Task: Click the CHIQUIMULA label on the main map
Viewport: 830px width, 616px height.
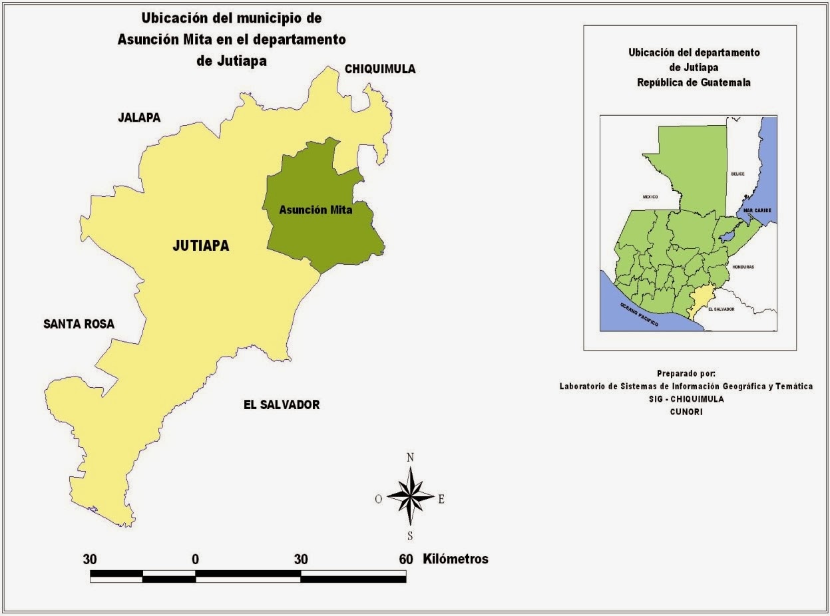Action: (379, 69)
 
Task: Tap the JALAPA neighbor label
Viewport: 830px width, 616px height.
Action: (139, 118)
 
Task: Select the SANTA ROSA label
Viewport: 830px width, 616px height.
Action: (79, 325)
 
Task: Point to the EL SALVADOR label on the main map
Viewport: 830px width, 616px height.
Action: (282, 404)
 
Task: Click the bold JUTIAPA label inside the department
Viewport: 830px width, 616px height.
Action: (200, 246)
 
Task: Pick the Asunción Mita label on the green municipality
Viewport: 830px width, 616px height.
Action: (315, 210)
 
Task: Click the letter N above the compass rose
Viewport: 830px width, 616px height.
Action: (410, 457)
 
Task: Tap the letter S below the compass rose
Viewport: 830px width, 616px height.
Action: (410, 536)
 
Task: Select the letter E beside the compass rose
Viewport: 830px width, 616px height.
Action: (441, 500)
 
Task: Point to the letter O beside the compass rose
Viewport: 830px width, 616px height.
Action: (378, 500)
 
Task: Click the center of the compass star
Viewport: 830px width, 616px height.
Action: (410, 497)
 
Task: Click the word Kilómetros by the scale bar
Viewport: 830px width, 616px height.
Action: (455, 559)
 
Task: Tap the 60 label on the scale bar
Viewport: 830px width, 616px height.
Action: (406, 559)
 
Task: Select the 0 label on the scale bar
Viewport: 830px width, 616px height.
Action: (195, 559)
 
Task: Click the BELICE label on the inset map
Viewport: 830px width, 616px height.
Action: (737, 174)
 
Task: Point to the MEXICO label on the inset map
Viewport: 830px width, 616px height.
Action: (650, 197)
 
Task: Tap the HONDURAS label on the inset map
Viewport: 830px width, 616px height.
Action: (742, 266)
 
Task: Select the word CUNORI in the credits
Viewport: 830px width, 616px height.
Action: (686, 412)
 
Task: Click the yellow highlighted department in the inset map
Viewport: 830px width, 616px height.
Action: (700, 299)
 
